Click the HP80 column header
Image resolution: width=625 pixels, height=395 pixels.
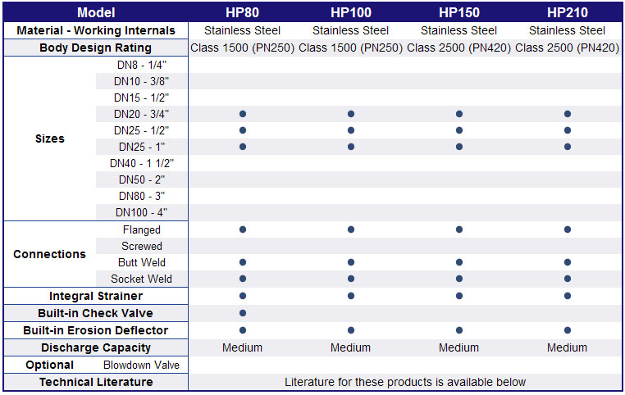(x=242, y=12)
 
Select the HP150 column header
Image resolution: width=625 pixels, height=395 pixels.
(x=459, y=12)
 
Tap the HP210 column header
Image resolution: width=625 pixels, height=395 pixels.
(x=568, y=12)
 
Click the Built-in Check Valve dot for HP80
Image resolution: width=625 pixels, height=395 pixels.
(x=243, y=313)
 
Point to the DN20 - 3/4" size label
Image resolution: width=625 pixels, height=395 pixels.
(x=142, y=114)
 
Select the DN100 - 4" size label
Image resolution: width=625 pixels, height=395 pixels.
(x=142, y=212)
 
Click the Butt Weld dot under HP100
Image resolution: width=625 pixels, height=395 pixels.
(x=351, y=262)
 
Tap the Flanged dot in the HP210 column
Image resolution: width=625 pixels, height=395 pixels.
(x=568, y=229)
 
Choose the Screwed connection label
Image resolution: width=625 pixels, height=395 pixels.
(x=142, y=246)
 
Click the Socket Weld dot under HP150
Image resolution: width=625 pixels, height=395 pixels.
(x=459, y=279)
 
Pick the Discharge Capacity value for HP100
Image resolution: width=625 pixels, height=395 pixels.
(x=351, y=347)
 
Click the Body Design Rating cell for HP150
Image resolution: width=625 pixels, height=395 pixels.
(x=459, y=48)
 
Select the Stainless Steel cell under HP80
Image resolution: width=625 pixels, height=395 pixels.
(x=242, y=30)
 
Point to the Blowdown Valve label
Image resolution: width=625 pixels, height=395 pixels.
(x=142, y=365)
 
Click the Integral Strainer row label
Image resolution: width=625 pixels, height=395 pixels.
(x=96, y=296)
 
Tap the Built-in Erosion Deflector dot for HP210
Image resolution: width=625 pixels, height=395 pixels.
(x=568, y=330)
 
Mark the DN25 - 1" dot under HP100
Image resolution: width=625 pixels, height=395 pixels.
(x=351, y=147)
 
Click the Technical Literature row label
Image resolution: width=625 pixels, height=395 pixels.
(x=96, y=382)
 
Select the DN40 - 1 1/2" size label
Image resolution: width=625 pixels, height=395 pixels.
(x=142, y=163)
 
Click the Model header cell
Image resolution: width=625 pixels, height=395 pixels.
(x=96, y=12)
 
